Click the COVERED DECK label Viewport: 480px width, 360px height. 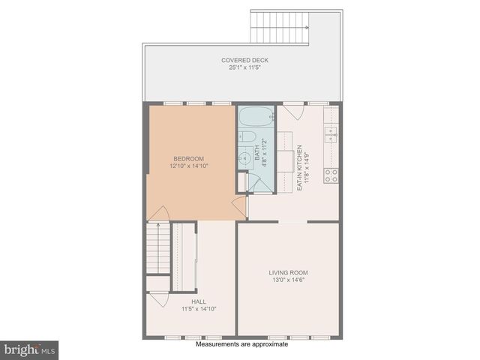[x=244, y=60]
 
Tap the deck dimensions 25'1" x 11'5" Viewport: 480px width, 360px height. [x=244, y=67]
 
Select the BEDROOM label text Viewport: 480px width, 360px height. [x=188, y=158]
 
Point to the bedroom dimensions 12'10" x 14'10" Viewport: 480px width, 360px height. [x=188, y=166]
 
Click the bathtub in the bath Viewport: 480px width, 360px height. [x=256, y=118]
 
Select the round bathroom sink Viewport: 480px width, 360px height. [x=244, y=158]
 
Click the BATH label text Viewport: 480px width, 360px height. [x=257, y=154]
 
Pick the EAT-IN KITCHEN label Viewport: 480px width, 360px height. [x=299, y=166]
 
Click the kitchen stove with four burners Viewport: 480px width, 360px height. [x=330, y=175]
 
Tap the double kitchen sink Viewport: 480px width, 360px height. [x=330, y=133]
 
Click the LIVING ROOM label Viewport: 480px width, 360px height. [x=289, y=272]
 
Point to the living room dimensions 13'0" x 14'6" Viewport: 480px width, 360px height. [x=289, y=280]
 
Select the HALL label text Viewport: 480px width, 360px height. [x=199, y=301]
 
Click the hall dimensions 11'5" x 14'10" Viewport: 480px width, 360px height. [x=199, y=308]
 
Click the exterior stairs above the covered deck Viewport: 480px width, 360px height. [x=280, y=28]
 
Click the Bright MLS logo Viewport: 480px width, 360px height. [x=30, y=349]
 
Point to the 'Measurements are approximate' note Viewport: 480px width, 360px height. [x=241, y=345]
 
